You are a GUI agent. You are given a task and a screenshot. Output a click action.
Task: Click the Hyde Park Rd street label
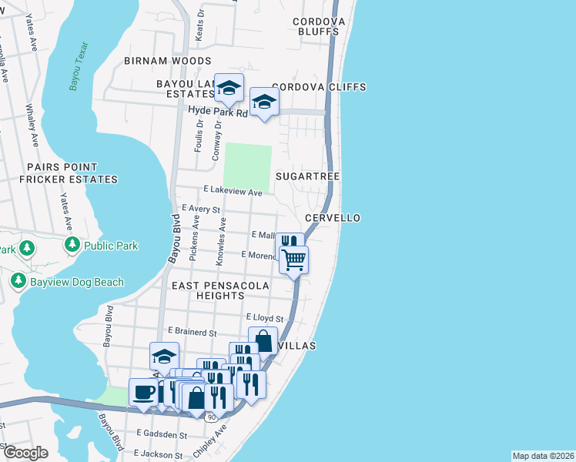219,112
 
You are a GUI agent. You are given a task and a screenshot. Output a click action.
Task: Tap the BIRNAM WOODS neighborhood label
168,61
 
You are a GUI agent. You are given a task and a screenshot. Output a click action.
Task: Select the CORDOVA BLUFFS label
316,27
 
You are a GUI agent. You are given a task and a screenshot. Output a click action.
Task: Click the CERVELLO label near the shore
333,218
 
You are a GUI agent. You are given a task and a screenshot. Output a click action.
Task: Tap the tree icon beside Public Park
72,246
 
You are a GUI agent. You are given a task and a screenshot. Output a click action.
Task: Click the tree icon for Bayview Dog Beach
18,281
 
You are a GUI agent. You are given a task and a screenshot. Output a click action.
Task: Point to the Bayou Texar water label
75,72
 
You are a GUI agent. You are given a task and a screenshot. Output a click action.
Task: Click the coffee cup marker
143,392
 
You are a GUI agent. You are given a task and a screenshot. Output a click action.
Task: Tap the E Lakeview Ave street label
233,191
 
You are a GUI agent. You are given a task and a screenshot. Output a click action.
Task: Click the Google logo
25,453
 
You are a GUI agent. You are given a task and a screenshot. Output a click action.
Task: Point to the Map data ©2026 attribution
542,455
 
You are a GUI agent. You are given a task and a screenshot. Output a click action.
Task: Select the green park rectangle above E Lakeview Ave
246,166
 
